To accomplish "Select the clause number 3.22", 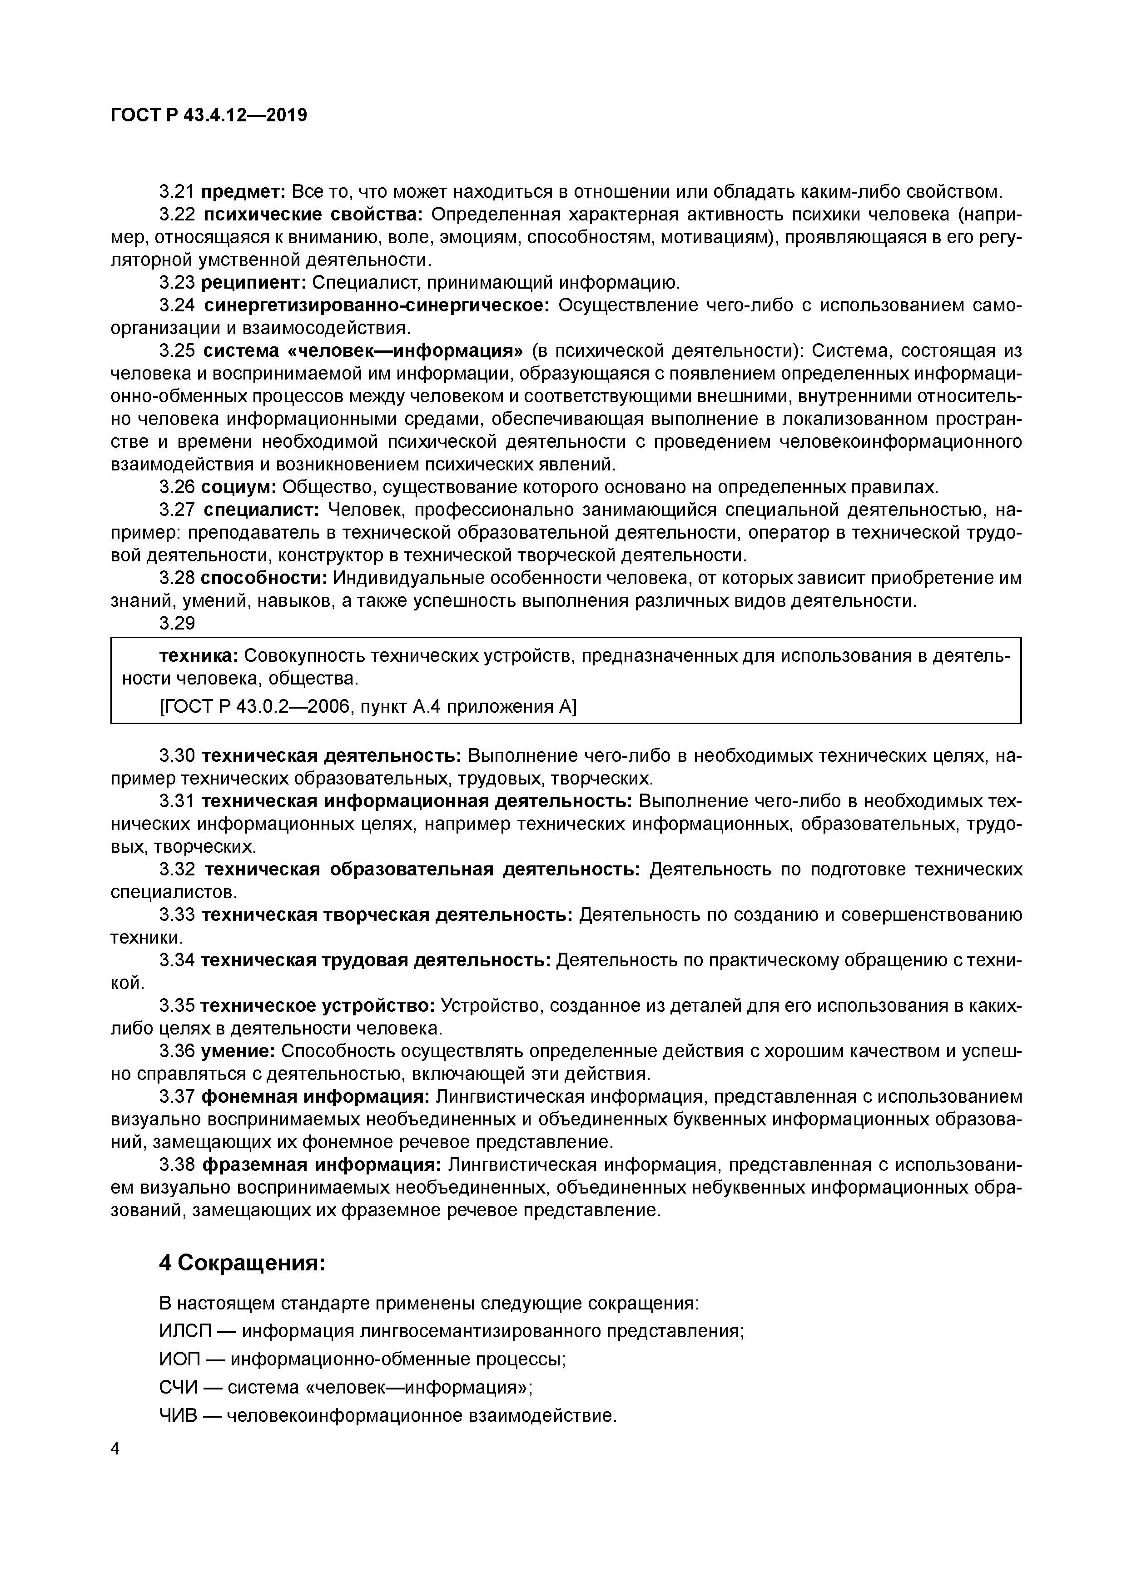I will [177, 215].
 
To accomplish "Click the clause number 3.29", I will [177, 624].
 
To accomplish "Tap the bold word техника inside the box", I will [199, 656].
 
